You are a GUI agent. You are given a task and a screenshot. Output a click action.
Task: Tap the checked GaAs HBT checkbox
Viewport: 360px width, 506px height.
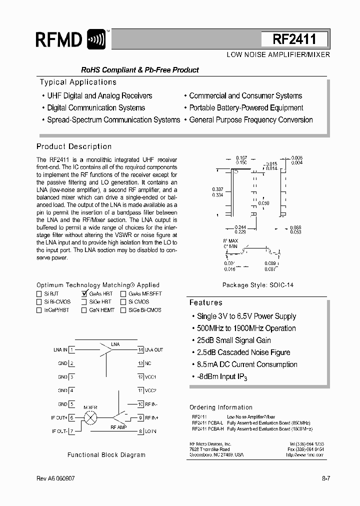coord(84,294)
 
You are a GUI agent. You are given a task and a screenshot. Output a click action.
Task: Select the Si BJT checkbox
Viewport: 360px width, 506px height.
coord(39,294)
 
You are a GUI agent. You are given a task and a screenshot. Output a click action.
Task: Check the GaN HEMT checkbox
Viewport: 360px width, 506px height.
coord(84,310)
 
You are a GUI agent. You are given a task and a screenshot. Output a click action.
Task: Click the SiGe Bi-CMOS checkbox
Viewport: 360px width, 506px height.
coord(123,310)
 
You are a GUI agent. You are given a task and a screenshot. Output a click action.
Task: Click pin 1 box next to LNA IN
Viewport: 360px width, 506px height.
coord(72,350)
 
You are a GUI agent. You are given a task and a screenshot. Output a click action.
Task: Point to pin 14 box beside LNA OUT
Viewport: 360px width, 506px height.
coord(141,350)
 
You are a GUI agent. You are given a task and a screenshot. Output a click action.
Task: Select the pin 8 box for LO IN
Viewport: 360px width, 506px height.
coord(141,431)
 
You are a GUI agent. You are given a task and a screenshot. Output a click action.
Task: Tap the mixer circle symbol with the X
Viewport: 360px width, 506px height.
coord(90,417)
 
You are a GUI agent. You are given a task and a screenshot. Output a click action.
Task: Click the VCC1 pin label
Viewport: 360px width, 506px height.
coord(151,377)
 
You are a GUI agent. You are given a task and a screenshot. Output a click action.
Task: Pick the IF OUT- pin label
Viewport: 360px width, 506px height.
coord(59,431)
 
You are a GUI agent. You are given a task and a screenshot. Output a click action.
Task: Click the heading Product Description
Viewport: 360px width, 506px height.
coord(74,146)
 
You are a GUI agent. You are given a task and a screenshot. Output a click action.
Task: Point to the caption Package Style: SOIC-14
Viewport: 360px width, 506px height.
coord(258,285)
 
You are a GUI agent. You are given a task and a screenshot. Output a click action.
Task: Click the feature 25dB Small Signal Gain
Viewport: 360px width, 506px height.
coord(243,340)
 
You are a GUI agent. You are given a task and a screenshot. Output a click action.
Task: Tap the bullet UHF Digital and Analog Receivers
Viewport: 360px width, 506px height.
coord(99,95)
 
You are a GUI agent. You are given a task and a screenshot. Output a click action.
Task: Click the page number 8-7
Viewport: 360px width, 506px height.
coord(325,478)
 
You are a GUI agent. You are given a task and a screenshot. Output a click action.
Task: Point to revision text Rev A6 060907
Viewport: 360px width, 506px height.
coord(56,478)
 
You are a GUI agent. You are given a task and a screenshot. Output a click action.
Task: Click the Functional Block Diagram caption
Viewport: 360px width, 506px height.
coord(106,455)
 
